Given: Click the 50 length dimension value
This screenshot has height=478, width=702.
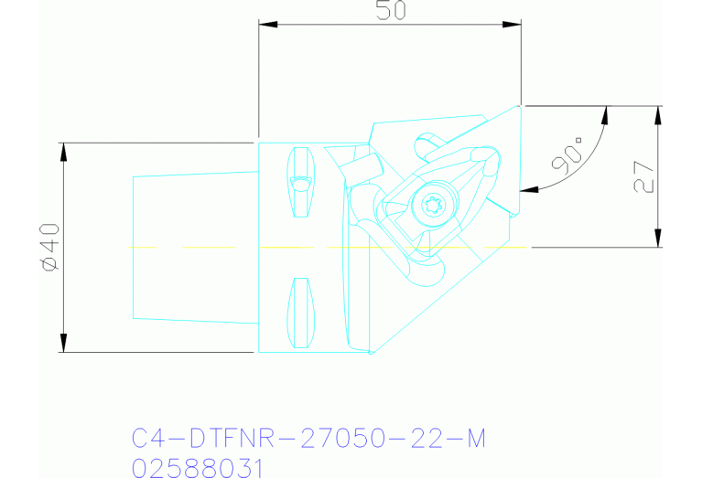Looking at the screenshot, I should pyautogui.click(x=390, y=10).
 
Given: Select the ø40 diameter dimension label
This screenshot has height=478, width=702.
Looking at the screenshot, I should pyautogui.click(x=49, y=247).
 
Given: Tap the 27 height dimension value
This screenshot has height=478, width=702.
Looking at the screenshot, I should pyautogui.click(x=643, y=176).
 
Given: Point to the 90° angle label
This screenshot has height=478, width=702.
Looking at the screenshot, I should pyautogui.click(x=568, y=156).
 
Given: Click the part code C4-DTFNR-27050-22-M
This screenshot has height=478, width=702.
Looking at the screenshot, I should pyautogui.click(x=308, y=441).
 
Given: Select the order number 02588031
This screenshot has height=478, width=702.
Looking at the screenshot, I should pyautogui.click(x=198, y=468).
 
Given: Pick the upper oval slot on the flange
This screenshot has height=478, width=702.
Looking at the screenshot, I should pyautogui.click(x=299, y=181).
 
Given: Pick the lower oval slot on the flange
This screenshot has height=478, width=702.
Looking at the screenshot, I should pyautogui.click(x=299, y=313).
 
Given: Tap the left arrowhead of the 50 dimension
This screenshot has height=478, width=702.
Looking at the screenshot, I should pyautogui.click(x=265, y=25).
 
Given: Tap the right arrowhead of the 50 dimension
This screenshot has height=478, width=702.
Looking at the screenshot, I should pyautogui.click(x=515, y=25).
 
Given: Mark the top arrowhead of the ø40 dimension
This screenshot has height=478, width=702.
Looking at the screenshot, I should pyautogui.click(x=63, y=149).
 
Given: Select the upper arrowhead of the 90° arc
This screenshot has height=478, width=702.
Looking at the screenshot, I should pyautogui.click(x=605, y=112).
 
